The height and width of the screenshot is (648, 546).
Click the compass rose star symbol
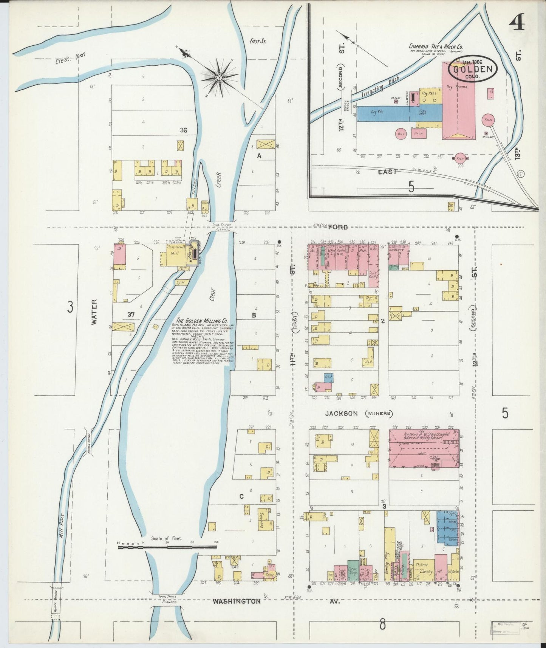(x=220, y=77)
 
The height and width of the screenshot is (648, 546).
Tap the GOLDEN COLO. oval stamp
(x=473, y=70)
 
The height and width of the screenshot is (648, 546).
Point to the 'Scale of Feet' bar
(x=167, y=547)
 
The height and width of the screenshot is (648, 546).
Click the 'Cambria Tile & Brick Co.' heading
(x=436, y=47)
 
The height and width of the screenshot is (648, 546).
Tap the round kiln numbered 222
(x=460, y=158)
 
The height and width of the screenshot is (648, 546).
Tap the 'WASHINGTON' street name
(x=236, y=601)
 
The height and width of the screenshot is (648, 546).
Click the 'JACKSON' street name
(x=342, y=413)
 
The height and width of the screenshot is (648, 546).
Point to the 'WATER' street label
(x=94, y=312)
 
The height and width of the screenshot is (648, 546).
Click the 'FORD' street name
(x=338, y=227)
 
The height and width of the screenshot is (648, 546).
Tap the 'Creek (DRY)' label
(x=70, y=58)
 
